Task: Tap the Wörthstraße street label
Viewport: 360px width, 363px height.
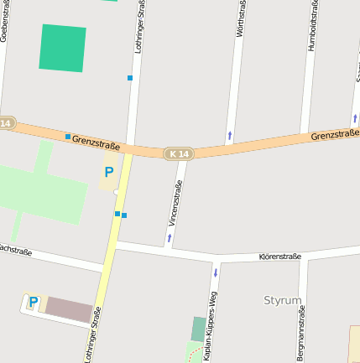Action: (241, 18)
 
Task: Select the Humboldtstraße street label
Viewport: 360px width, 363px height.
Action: (313, 27)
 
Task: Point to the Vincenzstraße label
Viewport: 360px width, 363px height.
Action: (175, 204)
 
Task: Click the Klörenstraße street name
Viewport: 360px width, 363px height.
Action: (280, 254)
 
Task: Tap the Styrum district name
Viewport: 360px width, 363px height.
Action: (282, 299)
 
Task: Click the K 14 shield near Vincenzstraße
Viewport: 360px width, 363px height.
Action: (178, 153)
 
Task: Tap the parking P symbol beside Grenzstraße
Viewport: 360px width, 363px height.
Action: (108, 172)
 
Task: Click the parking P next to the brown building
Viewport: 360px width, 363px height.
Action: (33, 302)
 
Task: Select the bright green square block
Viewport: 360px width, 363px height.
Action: (62, 48)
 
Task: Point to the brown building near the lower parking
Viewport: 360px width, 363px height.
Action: (69, 309)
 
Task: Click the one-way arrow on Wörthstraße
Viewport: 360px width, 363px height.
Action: (229, 134)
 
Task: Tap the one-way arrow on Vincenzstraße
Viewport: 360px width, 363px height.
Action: (169, 237)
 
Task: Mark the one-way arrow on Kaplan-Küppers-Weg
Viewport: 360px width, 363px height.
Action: (216, 272)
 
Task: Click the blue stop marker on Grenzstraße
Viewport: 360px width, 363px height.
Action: (68, 136)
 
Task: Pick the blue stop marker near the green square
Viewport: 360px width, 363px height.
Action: (130, 78)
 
